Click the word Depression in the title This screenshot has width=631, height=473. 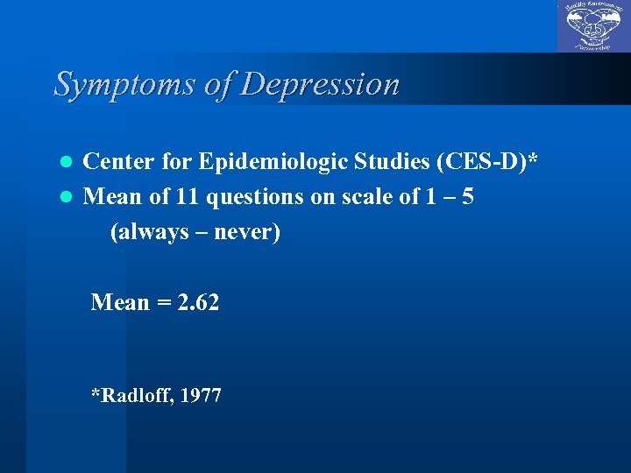point(321,84)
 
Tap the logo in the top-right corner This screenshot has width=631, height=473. point(593,26)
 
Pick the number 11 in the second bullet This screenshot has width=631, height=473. point(184,197)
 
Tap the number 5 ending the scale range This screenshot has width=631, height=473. point(469,197)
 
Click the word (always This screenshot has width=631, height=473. point(145,233)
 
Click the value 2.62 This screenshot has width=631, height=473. point(198,303)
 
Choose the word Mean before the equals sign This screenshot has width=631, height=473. point(121,303)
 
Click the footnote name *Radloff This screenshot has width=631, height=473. point(131,396)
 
